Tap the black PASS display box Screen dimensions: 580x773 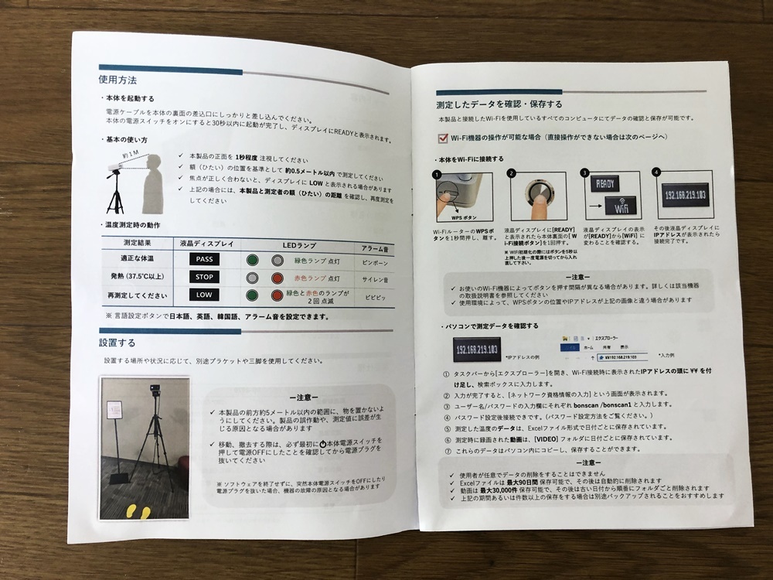click(x=204, y=259)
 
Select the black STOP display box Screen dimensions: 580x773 click(x=204, y=277)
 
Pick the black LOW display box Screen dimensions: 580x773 click(x=204, y=295)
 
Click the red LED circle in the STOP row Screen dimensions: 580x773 click(x=277, y=277)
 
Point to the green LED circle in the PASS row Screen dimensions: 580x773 click(x=252, y=260)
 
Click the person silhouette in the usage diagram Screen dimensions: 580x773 click(x=156, y=182)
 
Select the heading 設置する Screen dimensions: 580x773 click(x=117, y=342)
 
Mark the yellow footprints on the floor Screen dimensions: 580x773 click(x=140, y=511)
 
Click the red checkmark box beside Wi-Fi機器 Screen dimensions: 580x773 click(x=443, y=138)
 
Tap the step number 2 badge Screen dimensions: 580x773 click(x=511, y=175)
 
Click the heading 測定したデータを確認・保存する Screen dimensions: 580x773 click(x=499, y=103)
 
